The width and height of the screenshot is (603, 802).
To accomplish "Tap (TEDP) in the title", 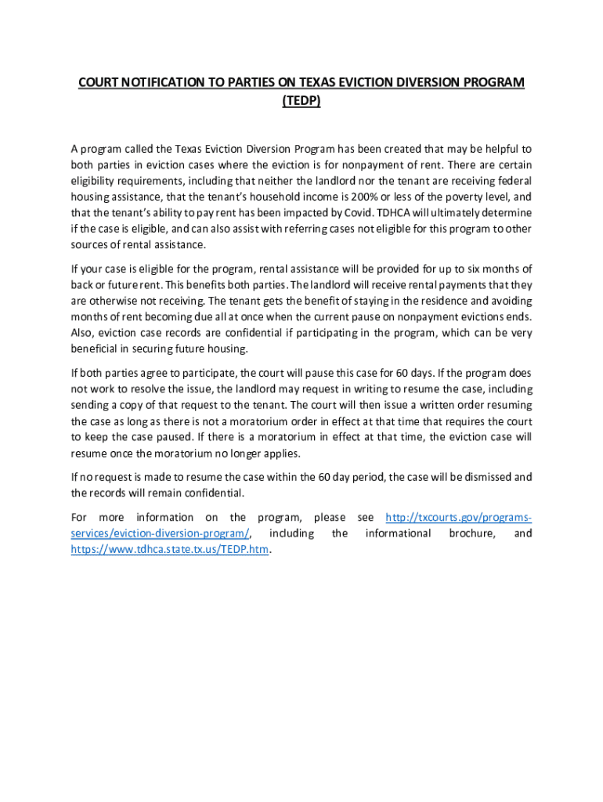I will [x=301, y=101].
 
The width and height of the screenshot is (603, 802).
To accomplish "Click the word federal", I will [x=512, y=181].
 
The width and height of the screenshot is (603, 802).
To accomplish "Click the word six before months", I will [x=468, y=269].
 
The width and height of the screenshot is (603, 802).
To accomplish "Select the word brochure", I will [x=473, y=533].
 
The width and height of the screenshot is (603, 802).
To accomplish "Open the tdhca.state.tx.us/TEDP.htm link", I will [x=169, y=550].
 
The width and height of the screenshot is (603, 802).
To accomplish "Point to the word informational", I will [x=398, y=533].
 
